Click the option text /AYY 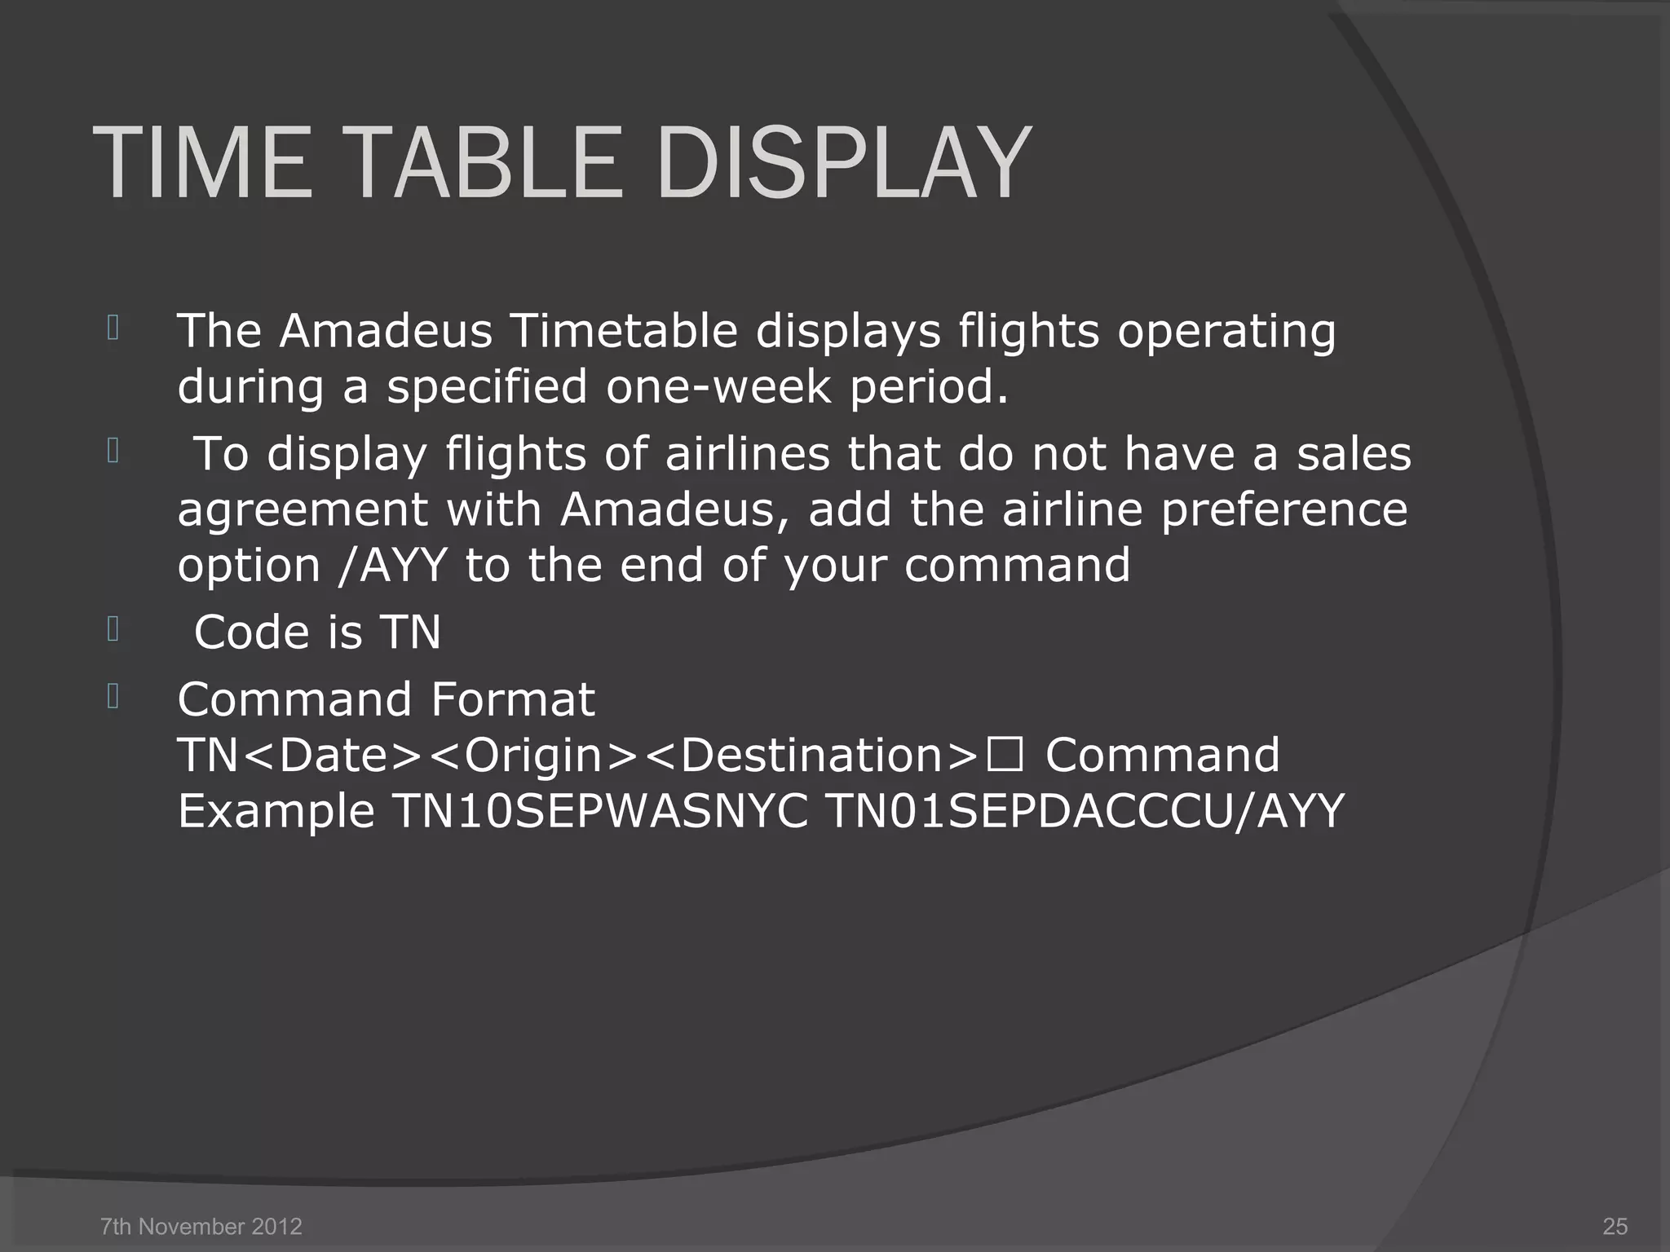coord(392,565)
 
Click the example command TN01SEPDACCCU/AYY coord(1085,811)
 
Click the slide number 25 coord(1615,1226)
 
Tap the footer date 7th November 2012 coord(201,1226)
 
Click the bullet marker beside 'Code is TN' coord(113,629)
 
